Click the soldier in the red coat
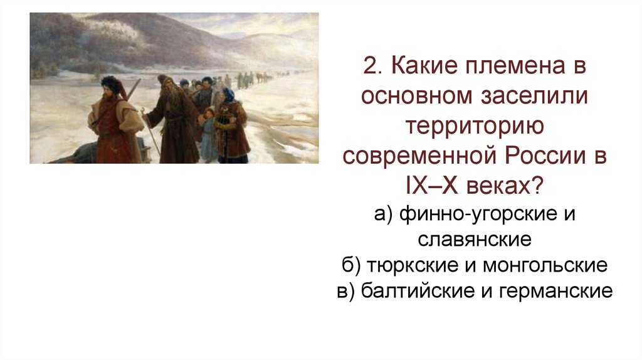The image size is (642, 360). pos(113,125)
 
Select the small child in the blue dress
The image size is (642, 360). pos(207,135)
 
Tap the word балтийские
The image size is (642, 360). pos(419,292)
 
